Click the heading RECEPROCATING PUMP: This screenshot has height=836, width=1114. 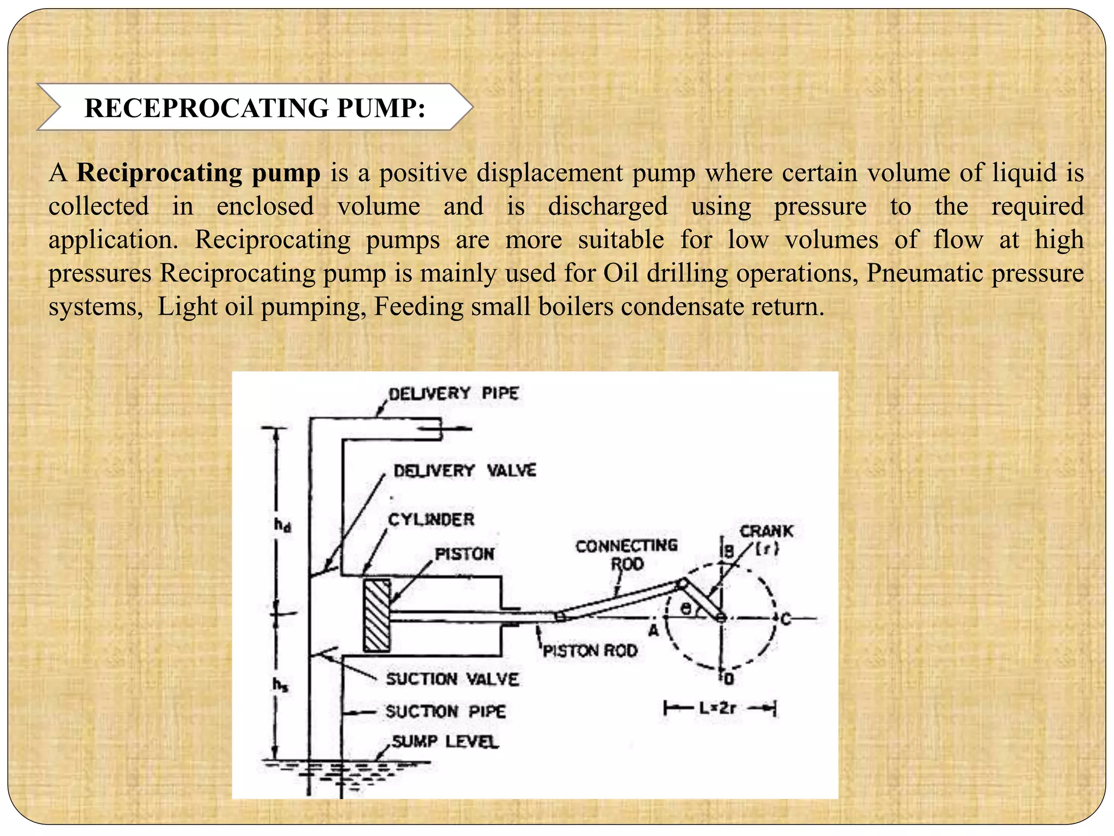(255, 108)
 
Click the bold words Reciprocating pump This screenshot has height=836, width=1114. (199, 173)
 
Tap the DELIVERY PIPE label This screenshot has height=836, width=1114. (453, 393)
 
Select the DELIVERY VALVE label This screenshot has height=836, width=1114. (465, 470)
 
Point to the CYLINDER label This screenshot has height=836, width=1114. (431, 519)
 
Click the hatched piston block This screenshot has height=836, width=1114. (377, 616)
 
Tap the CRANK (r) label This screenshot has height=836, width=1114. (766, 539)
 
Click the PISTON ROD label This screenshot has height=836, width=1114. (590, 650)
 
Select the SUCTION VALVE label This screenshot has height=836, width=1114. (453, 679)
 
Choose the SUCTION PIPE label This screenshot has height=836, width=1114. (445, 711)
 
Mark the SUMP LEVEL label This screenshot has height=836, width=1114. (445, 741)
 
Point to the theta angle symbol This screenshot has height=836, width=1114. (687, 608)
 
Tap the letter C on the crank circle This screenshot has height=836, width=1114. (785, 619)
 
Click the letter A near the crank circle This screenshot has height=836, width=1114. (653, 630)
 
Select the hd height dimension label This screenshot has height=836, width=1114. (282, 525)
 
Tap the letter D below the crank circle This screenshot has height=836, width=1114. (729, 679)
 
